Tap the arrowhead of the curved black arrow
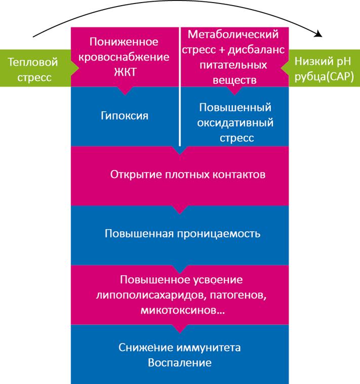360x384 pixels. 319,35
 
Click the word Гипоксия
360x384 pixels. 124,116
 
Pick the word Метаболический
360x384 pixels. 233,35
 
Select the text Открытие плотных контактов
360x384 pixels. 187,175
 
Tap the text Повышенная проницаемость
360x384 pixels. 182,234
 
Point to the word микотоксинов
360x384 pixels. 176,309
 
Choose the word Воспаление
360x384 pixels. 180,363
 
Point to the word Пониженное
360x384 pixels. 124,41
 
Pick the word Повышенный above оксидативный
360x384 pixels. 235,108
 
